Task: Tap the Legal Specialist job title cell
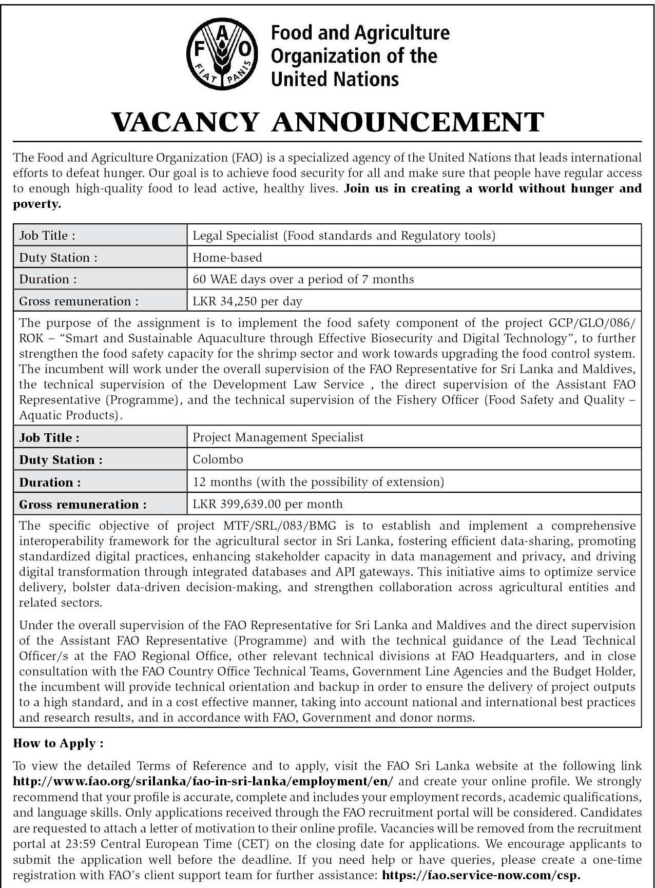(343, 236)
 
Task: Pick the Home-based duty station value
(227, 258)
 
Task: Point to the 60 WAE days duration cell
(303, 279)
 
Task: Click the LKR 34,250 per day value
(247, 301)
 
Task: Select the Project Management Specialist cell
(278, 437)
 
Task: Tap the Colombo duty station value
(218, 459)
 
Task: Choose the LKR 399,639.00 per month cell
(267, 504)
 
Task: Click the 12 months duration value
(318, 482)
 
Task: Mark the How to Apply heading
(59, 743)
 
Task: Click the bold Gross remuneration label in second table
(83, 505)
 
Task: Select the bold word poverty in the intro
(37, 204)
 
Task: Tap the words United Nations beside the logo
(334, 79)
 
